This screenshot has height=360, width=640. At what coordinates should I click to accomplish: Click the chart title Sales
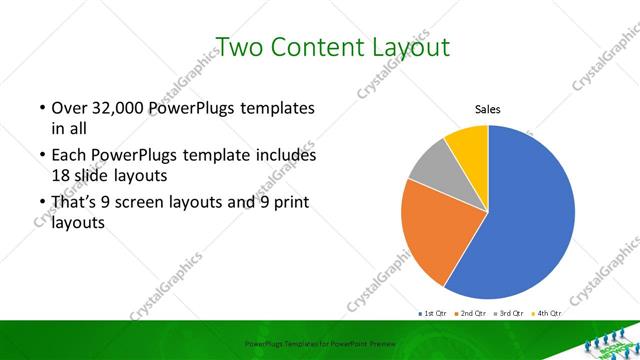(487, 110)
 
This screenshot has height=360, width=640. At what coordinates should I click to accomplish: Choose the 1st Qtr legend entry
(433, 313)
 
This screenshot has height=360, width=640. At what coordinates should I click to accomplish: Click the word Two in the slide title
(239, 47)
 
